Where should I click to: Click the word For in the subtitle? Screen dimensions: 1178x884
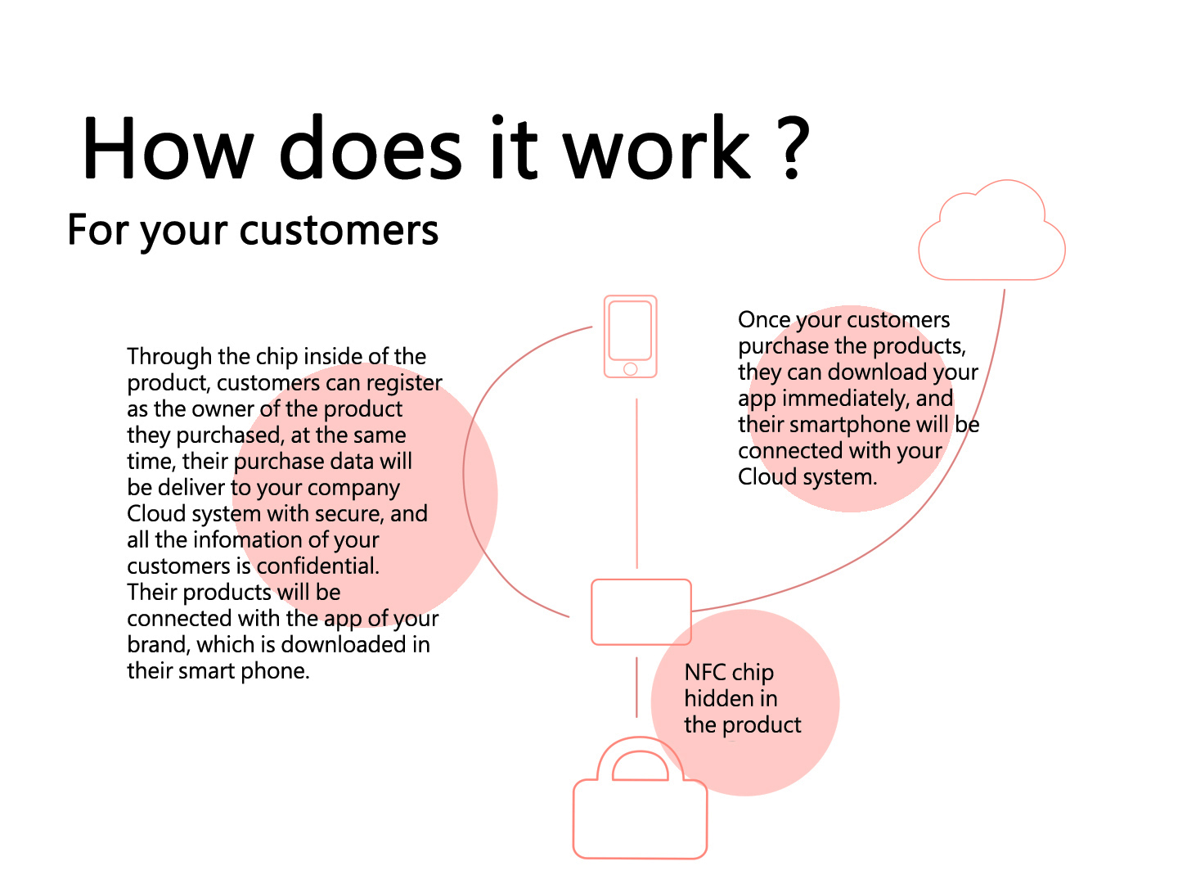98,230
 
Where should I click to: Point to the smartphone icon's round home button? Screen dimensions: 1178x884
630,368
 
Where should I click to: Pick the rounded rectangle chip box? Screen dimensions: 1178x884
592,612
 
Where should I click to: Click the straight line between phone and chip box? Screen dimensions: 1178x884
636,483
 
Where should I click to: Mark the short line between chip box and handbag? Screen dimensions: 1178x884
636,687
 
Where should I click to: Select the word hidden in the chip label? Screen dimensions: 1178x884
717,698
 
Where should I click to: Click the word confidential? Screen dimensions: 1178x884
317,566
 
